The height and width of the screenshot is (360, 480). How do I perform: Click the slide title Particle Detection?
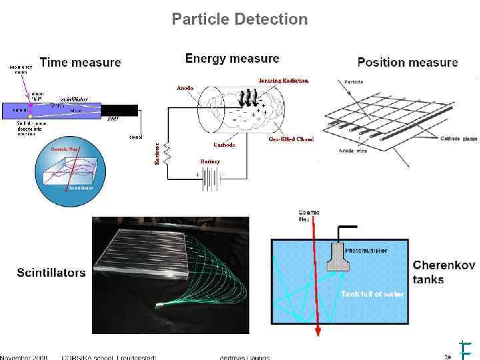(x=239, y=19)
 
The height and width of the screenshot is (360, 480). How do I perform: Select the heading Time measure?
(x=80, y=63)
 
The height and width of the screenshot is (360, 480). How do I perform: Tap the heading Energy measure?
(x=231, y=59)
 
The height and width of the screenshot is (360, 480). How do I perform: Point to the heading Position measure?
(x=407, y=63)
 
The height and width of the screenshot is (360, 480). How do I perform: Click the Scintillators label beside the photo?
(x=51, y=273)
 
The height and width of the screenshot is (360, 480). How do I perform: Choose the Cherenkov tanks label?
(x=444, y=272)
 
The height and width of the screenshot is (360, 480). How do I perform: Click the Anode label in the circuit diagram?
(x=185, y=88)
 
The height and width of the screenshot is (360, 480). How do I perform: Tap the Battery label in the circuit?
(x=210, y=161)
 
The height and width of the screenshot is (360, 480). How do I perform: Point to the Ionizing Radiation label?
(x=284, y=81)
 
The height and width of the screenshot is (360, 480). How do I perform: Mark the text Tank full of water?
(x=372, y=294)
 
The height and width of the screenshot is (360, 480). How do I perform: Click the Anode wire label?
(x=355, y=151)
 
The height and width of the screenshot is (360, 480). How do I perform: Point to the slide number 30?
(x=447, y=356)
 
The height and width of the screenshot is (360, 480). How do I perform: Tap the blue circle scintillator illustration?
(x=69, y=173)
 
